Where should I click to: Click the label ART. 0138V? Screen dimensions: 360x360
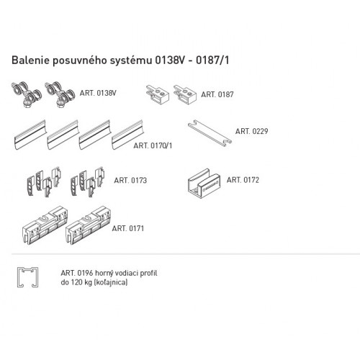click(x=98, y=93)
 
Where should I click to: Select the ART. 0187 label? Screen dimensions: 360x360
click(x=217, y=94)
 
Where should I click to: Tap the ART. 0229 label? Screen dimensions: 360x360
click(x=251, y=131)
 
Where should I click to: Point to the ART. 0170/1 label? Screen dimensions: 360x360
click(x=153, y=145)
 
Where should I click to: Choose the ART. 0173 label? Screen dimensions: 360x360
click(x=130, y=180)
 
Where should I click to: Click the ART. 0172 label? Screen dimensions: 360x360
click(x=243, y=180)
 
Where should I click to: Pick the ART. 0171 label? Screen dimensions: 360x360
click(x=128, y=228)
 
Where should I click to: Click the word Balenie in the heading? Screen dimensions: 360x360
click(x=30, y=60)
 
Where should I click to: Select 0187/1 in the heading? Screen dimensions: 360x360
click(x=212, y=60)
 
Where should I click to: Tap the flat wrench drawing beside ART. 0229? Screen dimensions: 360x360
click(x=210, y=132)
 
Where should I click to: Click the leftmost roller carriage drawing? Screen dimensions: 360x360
click(x=27, y=94)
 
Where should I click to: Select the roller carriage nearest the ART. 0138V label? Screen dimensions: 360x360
click(x=60, y=94)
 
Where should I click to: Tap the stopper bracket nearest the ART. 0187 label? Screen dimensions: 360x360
click(x=185, y=94)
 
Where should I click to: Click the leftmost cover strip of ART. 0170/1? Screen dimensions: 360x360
click(x=30, y=135)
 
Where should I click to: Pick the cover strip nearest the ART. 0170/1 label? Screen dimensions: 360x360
click(x=127, y=135)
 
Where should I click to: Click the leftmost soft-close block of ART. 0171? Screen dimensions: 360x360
click(x=45, y=225)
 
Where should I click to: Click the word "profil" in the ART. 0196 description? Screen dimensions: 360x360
click(x=148, y=273)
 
